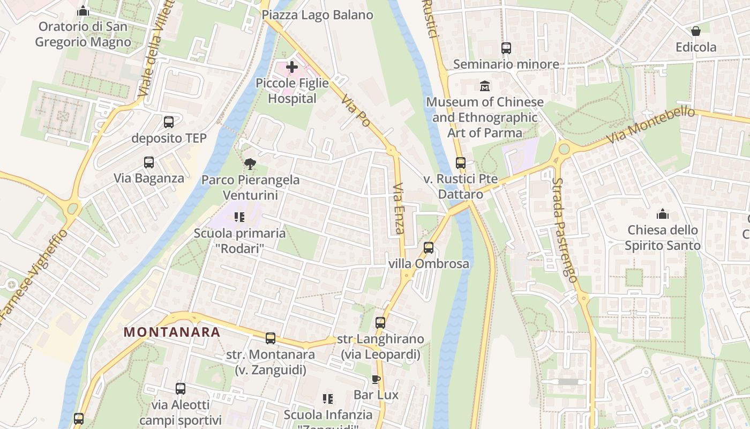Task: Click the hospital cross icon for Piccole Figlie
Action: pos(292,67)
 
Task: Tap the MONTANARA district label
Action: pos(172,332)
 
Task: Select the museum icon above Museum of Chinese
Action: pos(485,86)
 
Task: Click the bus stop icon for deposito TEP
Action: pos(169,122)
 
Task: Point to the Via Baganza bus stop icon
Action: pos(149,162)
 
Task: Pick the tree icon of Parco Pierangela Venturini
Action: pos(250,164)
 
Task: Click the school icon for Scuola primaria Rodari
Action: pos(239,217)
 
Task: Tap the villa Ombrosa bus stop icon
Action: pos(429,248)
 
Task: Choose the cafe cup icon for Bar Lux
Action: pos(376,380)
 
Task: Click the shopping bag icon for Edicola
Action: pos(696,31)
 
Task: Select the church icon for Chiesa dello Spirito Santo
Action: pos(663,214)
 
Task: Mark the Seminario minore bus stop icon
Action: pos(506,48)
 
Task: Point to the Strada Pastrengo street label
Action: pos(566,231)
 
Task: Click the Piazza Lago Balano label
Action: pos(317,15)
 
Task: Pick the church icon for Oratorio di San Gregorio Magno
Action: pos(83,11)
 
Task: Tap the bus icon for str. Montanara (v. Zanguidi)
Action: pos(271,338)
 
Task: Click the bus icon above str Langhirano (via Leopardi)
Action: pos(380,323)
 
